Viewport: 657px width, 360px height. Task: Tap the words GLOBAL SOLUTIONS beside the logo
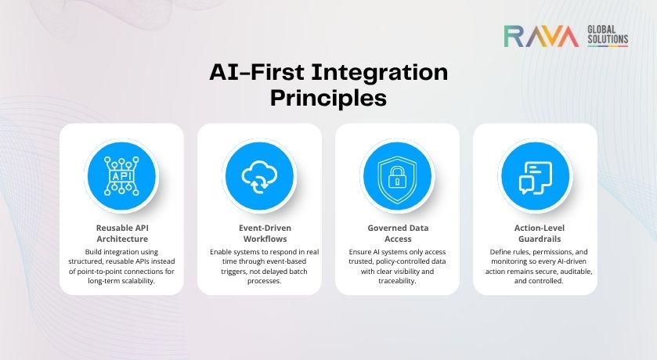coord(607,34)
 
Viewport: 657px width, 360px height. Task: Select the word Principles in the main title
coord(328,99)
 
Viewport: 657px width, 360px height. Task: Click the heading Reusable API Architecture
coord(121,233)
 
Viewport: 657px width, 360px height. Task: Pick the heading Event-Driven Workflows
coord(259,233)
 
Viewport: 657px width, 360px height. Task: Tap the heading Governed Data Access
coord(397,233)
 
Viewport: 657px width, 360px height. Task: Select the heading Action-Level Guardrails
coord(535,233)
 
